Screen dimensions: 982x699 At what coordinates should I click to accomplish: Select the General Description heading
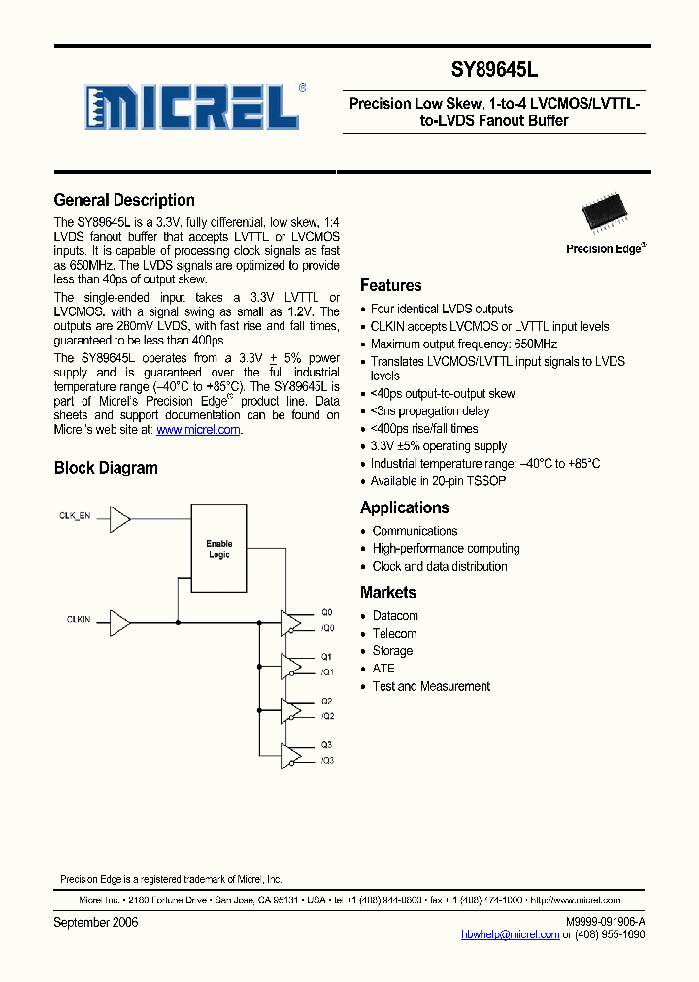(x=124, y=200)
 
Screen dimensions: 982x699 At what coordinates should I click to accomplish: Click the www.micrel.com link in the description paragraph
(x=198, y=430)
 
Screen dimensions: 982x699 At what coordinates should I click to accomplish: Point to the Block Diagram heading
(x=106, y=468)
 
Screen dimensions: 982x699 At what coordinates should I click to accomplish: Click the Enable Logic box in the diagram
(x=219, y=549)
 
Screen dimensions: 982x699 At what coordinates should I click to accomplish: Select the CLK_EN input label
(x=75, y=517)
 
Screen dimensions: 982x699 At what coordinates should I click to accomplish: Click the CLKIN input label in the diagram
(x=79, y=618)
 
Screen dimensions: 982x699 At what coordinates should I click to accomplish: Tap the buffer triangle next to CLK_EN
(x=120, y=521)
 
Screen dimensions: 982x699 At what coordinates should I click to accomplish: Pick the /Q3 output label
(x=327, y=761)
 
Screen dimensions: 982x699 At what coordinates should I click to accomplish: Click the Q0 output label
(x=326, y=612)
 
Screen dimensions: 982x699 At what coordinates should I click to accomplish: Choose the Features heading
(x=390, y=285)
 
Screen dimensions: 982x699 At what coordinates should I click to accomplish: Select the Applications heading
(x=404, y=507)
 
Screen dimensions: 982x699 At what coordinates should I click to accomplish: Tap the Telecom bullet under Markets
(x=394, y=634)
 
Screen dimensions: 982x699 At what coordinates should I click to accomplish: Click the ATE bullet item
(x=383, y=669)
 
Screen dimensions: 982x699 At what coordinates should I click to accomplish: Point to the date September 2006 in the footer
(x=96, y=922)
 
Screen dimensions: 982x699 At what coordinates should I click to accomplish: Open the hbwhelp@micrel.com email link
(x=510, y=934)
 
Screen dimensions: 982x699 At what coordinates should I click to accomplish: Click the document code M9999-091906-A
(x=604, y=922)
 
